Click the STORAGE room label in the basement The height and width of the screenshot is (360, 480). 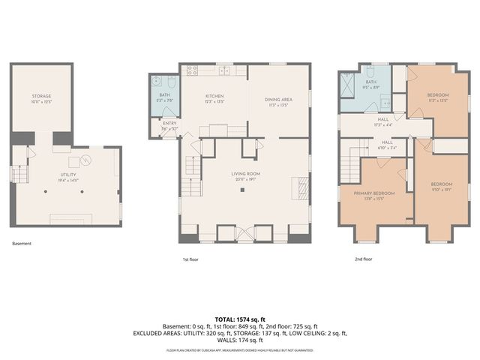41,97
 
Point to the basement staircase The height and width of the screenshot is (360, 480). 20,175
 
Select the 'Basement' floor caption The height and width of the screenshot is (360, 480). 22,244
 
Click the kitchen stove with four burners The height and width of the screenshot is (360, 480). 192,71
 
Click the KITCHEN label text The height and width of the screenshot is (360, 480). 215,96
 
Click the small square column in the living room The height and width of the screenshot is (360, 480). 242,190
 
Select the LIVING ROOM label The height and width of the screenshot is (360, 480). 244,173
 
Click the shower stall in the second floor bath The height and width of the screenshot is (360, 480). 348,85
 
